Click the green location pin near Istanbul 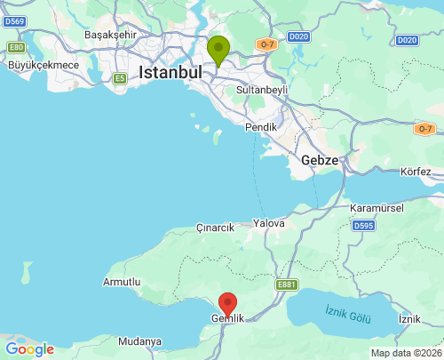pos(218,50)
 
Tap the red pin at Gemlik pos(227,304)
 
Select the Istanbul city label pos(170,72)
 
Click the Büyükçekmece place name pos(44,65)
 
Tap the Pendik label pos(261,127)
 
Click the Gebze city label pos(320,160)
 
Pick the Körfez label pos(416,171)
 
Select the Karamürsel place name pos(377,208)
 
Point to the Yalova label pos(269,223)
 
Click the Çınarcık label pos(215,228)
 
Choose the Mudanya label pos(139,341)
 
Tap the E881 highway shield pos(286,284)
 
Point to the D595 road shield pos(363,226)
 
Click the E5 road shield pos(119,79)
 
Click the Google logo pos(29,349)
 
